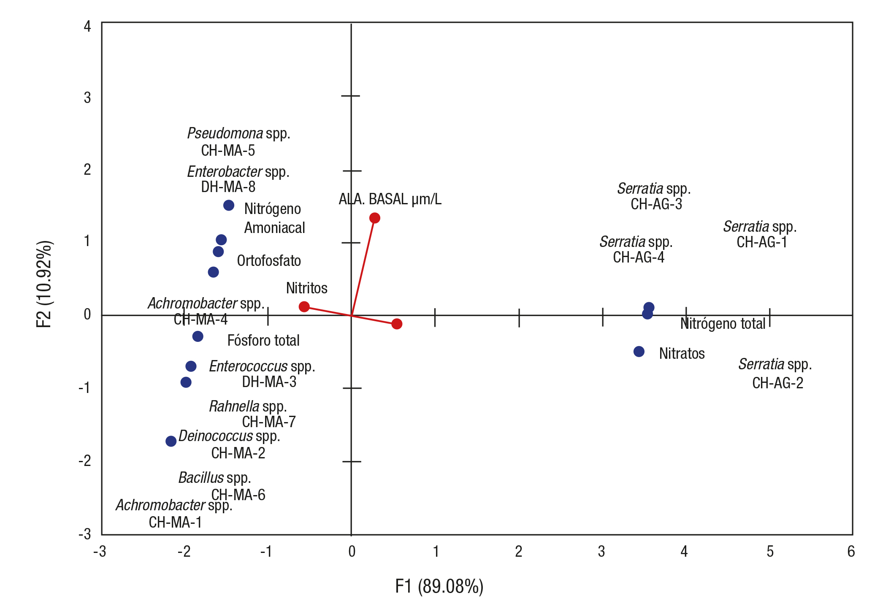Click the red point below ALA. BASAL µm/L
(374, 218)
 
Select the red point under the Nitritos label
(304, 306)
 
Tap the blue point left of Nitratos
(639, 351)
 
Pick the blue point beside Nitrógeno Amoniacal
(229, 206)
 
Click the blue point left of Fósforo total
(198, 336)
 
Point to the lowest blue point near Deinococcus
(171, 441)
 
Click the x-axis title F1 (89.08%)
(439, 586)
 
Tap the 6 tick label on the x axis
(851, 551)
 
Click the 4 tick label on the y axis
(87, 27)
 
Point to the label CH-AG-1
(762, 242)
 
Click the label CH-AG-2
(777, 383)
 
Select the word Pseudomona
(225, 133)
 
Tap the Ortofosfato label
(269, 261)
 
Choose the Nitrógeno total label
(723, 324)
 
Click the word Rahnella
(234, 406)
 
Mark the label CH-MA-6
(238, 495)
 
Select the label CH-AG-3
(656, 204)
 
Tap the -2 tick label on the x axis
(184, 551)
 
